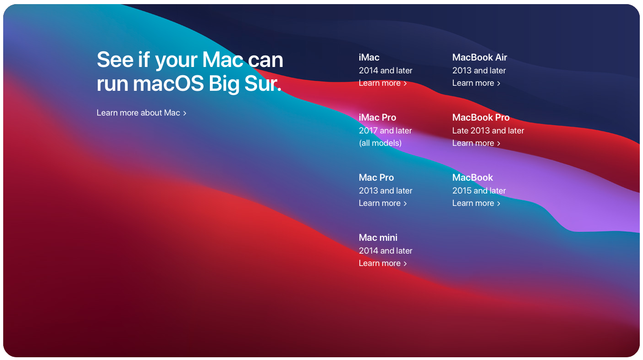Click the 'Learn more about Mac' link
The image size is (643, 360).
142,113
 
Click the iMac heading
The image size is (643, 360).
369,57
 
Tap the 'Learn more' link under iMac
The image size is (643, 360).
383,83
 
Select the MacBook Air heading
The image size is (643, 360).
480,57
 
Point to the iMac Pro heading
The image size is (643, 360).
378,117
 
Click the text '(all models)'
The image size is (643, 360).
380,143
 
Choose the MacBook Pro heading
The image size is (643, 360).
481,117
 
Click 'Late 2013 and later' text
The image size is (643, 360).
488,131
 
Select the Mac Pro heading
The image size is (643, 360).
376,177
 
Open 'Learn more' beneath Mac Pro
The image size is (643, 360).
383,203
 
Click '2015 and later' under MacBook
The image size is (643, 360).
479,191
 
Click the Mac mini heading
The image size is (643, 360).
378,238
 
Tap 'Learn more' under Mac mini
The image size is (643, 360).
383,263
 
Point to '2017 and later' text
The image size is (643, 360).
385,131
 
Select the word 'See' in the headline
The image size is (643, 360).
115,60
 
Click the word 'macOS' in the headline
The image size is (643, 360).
168,83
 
